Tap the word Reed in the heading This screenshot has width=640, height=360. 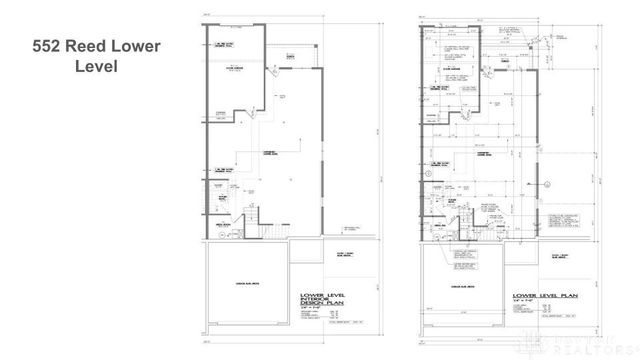98,47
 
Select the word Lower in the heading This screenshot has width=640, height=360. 141,47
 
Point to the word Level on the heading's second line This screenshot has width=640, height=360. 96,67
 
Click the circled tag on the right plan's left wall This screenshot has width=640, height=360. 427,174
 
